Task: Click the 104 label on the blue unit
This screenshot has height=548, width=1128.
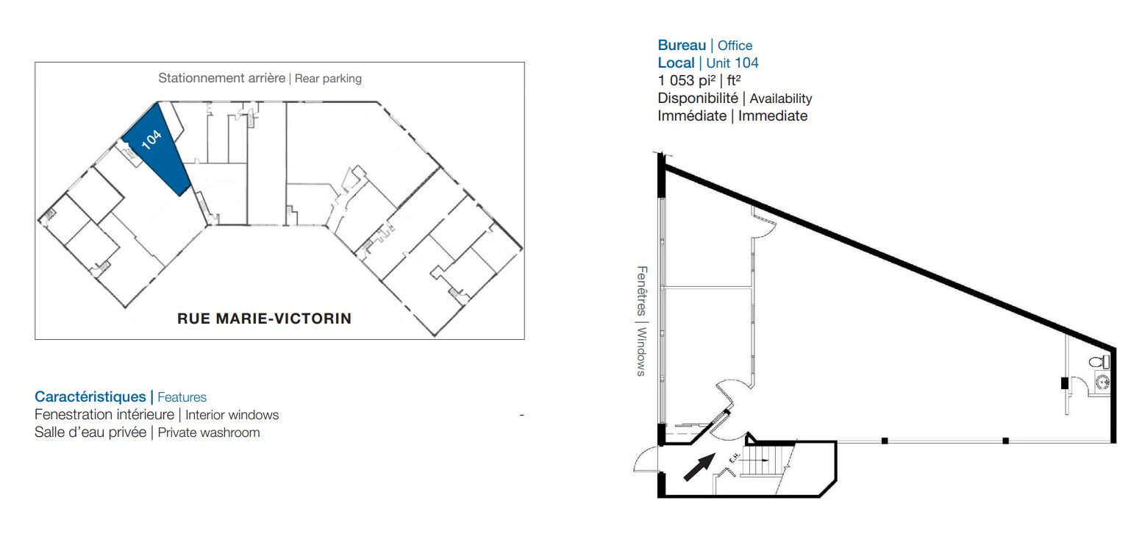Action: (x=151, y=140)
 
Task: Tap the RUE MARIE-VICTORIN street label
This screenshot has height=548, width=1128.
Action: (x=265, y=319)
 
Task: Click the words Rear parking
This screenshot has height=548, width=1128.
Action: (x=328, y=79)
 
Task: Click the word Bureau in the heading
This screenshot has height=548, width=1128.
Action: (x=682, y=46)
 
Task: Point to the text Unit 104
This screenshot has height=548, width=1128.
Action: (x=732, y=63)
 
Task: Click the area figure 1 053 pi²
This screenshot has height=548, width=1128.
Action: (x=686, y=81)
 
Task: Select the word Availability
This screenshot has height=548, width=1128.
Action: (x=780, y=99)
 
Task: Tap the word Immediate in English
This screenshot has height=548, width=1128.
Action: (x=773, y=115)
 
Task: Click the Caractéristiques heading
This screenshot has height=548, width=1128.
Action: (x=90, y=397)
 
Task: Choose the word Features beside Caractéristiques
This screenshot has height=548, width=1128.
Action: (x=182, y=397)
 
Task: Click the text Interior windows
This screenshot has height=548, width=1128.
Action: (x=232, y=415)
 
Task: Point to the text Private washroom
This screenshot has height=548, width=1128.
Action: (x=209, y=433)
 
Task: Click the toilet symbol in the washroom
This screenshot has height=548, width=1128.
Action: (x=1099, y=362)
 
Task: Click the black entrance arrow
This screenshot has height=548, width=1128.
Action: (x=699, y=467)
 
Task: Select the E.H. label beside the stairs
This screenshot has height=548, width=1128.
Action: (x=734, y=458)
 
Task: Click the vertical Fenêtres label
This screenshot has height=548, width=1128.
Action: (x=641, y=291)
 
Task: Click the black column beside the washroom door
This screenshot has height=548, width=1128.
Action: (x=1065, y=383)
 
